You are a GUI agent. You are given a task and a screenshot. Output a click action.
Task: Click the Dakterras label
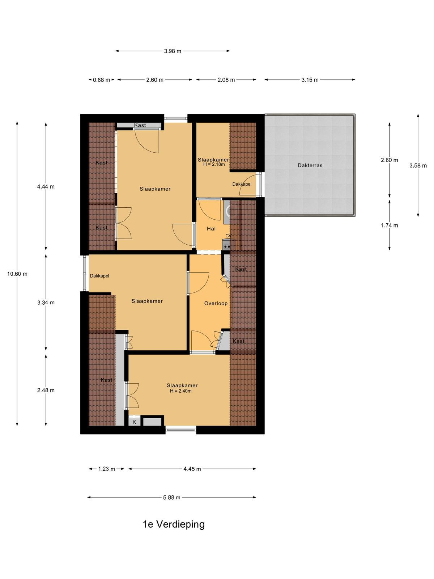(310, 165)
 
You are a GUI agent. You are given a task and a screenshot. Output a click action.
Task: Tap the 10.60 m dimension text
(17, 274)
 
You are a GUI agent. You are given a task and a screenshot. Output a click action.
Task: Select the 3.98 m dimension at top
(173, 51)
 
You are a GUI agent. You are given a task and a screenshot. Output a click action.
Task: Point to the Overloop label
(216, 303)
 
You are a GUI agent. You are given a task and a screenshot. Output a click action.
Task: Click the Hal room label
(211, 229)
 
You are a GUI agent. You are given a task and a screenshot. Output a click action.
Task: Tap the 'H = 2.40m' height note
(181, 391)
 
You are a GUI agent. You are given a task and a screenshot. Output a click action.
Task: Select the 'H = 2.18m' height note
(214, 164)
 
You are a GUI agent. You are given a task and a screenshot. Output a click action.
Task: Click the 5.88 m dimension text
(171, 498)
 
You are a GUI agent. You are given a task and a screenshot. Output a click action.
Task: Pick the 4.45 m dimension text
(192, 469)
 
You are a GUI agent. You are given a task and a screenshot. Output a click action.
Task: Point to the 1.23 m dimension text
(106, 469)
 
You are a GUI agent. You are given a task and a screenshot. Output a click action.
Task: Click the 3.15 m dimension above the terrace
(310, 80)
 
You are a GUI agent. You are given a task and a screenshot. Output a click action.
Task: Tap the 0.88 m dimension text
(102, 80)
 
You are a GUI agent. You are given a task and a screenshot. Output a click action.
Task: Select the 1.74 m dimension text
(390, 225)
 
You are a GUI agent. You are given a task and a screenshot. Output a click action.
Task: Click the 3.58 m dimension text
(418, 166)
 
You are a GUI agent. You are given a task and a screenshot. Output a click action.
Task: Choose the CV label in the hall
(228, 236)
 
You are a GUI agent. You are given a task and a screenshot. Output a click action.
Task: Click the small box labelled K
(134, 422)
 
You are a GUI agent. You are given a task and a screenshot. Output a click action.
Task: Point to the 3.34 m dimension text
(46, 303)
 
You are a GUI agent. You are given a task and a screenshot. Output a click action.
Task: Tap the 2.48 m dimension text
(46, 390)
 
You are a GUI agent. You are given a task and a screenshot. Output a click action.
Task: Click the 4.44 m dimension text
(46, 187)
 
